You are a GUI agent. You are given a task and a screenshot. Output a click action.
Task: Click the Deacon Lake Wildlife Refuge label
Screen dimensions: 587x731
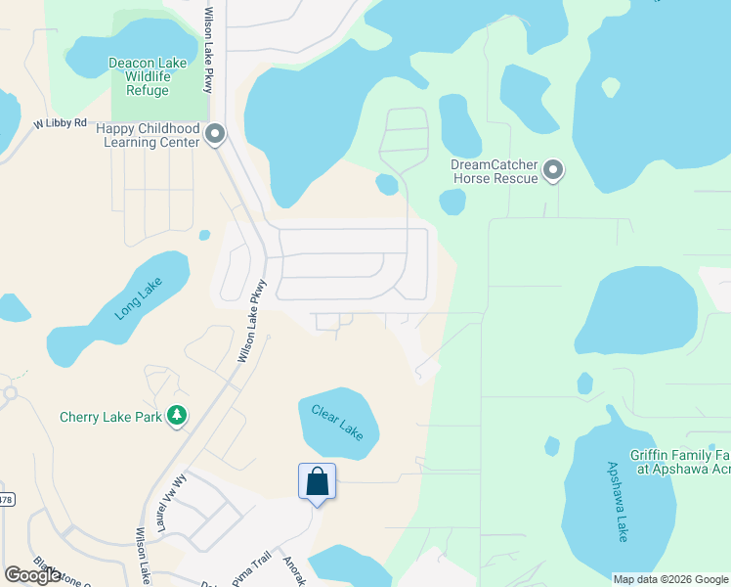coord(148,77)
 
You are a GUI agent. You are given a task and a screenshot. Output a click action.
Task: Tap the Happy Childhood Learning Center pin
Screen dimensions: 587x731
coord(215,135)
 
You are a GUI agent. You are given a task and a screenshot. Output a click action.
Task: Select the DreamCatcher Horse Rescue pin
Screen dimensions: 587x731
coord(553,171)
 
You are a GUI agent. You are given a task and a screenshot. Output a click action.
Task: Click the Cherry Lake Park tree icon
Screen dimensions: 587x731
coord(177,416)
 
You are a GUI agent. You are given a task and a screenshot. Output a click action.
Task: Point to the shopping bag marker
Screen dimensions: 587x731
coord(317,481)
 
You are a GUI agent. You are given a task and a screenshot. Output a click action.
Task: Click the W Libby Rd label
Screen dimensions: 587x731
coord(61,124)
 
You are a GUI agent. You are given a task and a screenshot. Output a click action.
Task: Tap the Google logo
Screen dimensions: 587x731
coord(33,575)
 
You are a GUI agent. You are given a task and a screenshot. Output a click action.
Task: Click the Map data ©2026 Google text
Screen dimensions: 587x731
coord(670,579)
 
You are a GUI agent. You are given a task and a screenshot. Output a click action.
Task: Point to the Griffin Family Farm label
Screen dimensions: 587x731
coord(682,461)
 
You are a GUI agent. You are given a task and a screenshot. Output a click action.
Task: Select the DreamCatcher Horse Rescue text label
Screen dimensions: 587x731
coord(494,171)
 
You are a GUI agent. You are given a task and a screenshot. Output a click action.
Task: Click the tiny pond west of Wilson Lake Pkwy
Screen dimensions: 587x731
coord(204,235)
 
